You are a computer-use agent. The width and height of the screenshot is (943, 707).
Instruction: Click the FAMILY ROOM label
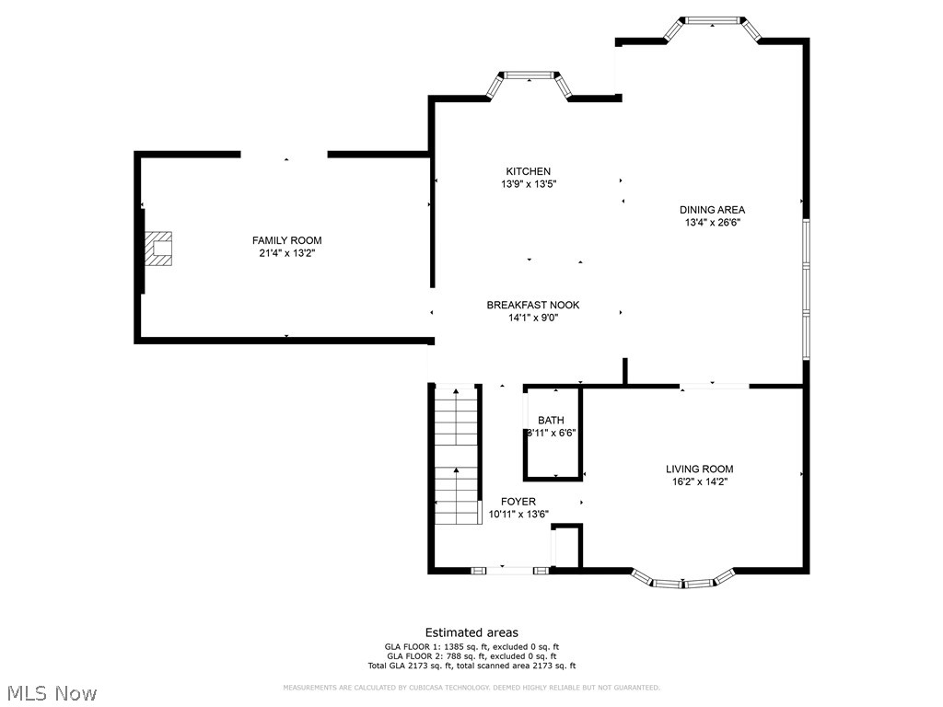pos(286,240)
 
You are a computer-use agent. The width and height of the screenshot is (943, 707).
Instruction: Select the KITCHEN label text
pos(528,171)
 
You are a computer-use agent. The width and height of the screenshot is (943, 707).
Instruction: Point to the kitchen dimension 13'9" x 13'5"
pos(528,184)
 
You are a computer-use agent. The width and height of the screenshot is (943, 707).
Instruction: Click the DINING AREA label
pos(712,210)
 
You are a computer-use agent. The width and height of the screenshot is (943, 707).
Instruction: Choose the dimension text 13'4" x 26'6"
pos(712,223)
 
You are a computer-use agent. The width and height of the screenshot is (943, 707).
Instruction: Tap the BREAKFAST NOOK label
pos(533,306)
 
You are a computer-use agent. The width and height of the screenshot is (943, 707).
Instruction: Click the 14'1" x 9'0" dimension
pos(533,319)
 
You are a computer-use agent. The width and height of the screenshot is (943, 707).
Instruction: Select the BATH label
pos(551,421)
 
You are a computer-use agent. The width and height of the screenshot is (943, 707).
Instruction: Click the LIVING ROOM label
pos(699,469)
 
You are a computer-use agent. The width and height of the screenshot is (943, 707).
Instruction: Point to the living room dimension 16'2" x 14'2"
pos(699,481)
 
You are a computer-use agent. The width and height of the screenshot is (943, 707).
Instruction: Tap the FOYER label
pos(518,502)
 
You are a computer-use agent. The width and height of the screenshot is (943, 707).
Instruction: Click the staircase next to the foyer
pos(457,455)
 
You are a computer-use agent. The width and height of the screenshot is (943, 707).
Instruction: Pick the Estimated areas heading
pos(471,632)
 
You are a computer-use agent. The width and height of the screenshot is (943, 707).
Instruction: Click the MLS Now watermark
pos(52,692)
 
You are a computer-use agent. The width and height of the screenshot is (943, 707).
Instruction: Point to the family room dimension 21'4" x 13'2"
pos(286,253)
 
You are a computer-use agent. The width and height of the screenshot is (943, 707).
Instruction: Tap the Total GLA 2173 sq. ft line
pos(471,666)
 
